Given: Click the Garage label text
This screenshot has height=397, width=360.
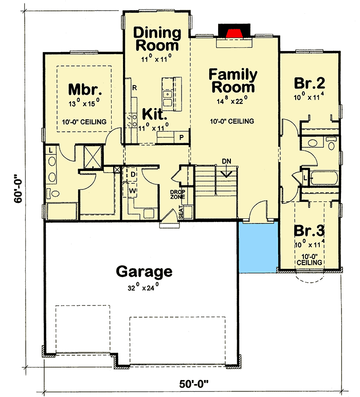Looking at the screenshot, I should tap(143, 271).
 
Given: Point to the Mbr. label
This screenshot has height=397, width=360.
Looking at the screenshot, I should tap(83, 89).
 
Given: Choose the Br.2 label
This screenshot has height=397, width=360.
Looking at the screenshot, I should tap(309, 82).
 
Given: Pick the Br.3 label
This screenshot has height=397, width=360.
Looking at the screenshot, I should tap(309, 230).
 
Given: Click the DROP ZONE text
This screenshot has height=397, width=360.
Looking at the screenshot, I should tap(177, 194).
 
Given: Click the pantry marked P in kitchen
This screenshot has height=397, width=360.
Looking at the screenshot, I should tap(182, 137).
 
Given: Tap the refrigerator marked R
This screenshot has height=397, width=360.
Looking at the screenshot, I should tap(133, 88).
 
